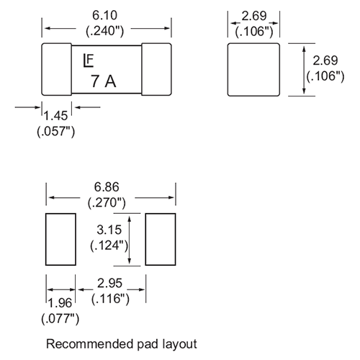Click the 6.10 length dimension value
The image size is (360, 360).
pos(105,15)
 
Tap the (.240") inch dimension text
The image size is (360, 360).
pos(105,31)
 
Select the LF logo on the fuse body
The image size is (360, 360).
pos(88,61)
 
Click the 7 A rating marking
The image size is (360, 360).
pos(104,81)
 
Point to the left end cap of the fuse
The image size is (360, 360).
pos(57,69)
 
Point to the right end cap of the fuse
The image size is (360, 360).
pos(156,69)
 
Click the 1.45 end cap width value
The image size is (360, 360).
pos(55,116)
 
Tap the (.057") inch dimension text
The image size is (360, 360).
pos(55,132)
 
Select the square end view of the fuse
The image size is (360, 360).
pos(253,70)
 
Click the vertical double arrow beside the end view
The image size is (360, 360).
pos(304,70)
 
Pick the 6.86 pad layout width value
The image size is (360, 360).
pos(107,187)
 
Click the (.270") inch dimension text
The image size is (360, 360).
pos(107,203)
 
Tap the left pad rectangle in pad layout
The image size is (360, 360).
pos(60,239)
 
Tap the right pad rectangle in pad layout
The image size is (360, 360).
pos(161,239)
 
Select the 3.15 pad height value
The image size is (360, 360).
pos(109,230)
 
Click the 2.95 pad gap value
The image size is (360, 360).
pos(109,283)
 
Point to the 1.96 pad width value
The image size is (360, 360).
pos(60,303)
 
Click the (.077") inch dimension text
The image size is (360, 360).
pos(60,319)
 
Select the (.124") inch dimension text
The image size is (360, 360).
pos(109,246)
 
